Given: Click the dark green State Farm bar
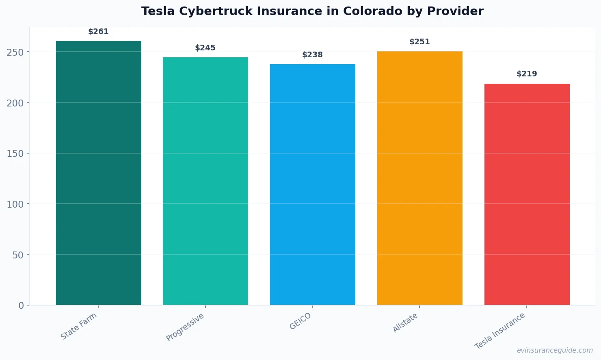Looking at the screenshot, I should pyautogui.click(x=98, y=173).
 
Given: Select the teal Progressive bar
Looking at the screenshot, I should pyautogui.click(x=205, y=181).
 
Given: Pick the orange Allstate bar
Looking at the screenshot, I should pyautogui.click(x=419, y=178).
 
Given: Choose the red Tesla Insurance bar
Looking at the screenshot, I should pyautogui.click(x=527, y=194).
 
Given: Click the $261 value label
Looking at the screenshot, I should pyautogui.click(x=98, y=32).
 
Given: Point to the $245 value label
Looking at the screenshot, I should pyautogui.click(x=205, y=48).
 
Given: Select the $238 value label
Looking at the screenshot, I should pyautogui.click(x=312, y=55).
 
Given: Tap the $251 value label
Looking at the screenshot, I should pyautogui.click(x=419, y=42).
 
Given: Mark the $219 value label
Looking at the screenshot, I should pyautogui.click(x=527, y=74).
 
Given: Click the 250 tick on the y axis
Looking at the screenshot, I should pyautogui.click(x=15, y=52).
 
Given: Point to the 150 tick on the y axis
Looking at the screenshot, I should pyautogui.click(x=15, y=154).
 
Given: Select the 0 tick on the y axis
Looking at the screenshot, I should pyautogui.click(x=21, y=306).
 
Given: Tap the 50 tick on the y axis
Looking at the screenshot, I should pyautogui.click(x=18, y=255).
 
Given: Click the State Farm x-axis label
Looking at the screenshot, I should pyautogui.click(x=79, y=326).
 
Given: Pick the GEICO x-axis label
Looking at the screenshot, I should pyautogui.click(x=300, y=321).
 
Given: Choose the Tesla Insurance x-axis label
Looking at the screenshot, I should pyautogui.click(x=500, y=331).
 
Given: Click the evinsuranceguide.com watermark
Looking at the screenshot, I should pyautogui.click(x=554, y=350).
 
